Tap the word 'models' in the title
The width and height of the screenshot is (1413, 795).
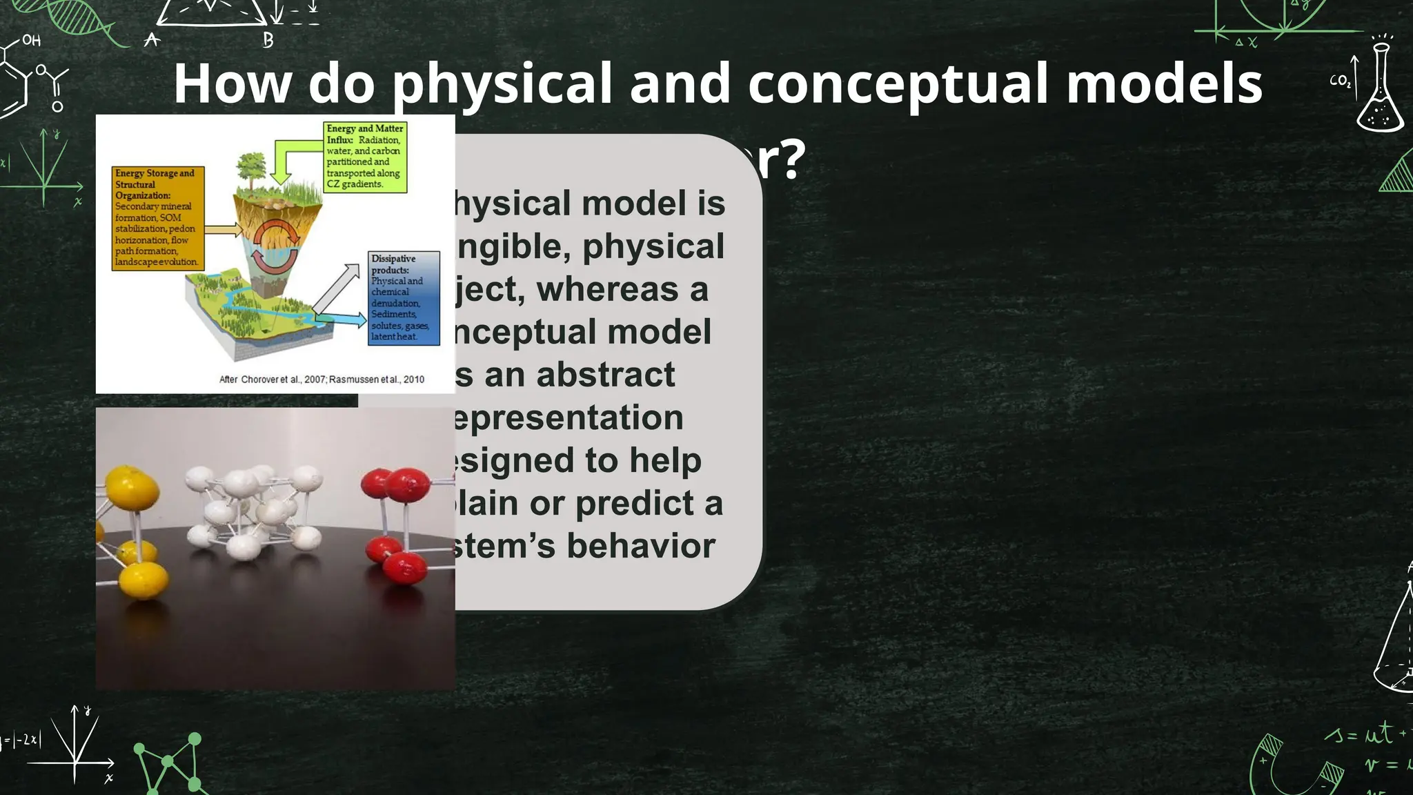click(1164, 84)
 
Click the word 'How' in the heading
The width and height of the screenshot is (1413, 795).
click(232, 84)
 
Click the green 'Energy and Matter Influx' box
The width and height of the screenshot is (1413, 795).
click(365, 157)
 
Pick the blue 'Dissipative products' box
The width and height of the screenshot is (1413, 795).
click(404, 298)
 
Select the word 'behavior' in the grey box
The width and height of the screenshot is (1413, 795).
click(640, 546)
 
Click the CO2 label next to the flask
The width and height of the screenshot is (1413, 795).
click(1339, 81)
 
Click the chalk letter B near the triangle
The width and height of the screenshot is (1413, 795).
click(268, 41)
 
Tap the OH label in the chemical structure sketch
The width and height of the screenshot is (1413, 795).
click(31, 41)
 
